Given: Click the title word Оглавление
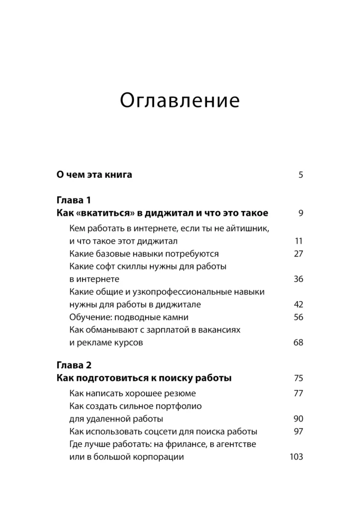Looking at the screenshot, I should point(180,99).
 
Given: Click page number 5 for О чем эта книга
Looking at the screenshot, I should point(300,175).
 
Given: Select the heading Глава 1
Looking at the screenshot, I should point(74,200).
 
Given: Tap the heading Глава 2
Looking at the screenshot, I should point(74,365).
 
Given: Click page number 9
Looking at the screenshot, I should point(300,214).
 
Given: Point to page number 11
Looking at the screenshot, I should point(299,241).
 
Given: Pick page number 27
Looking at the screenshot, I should point(298,253).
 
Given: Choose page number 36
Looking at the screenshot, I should point(298,279).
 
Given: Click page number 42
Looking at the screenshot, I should point(298,304).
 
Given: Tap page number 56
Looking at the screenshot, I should point(298,317).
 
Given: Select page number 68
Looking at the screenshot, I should point(298,342).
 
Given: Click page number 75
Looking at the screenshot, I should point(298,378).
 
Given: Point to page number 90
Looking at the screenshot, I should point(298,418).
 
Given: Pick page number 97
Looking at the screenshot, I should point(298,431).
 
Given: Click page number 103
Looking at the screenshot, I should point(296,457).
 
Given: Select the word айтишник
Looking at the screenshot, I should point(242,228).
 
